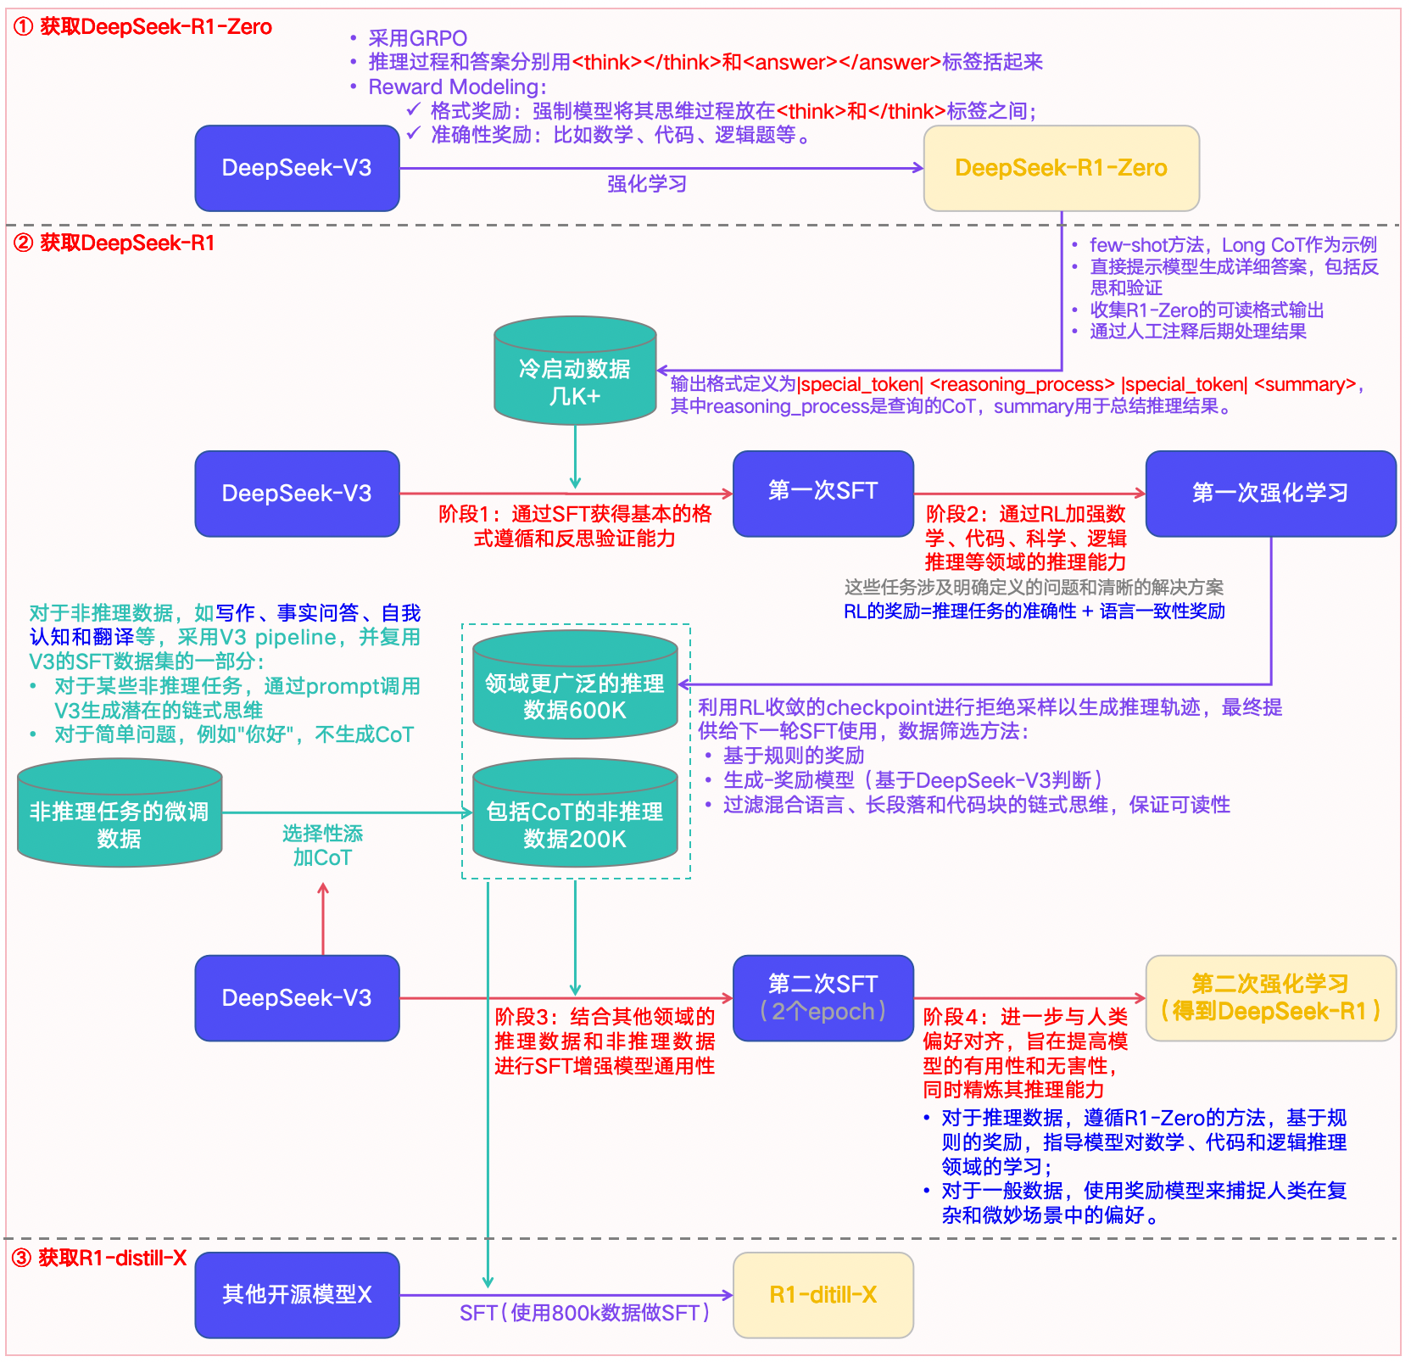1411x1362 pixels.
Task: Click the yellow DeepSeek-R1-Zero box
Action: [x=1061, y=168]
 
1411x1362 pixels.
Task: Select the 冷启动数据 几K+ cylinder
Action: [x=575, y=373]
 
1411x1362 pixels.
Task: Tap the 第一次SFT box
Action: [x=823, y=493]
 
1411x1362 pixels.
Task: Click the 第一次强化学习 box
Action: [x=1270, y=493]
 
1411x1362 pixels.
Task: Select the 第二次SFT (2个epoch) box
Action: [x=823, y=997]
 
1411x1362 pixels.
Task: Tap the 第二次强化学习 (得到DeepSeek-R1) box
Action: [x=1270, y=997]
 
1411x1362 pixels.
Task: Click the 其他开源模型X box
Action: [x=297, y=1294]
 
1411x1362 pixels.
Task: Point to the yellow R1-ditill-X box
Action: [x=823, y=1294]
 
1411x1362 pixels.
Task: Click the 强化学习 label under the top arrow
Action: [x=647, y=184]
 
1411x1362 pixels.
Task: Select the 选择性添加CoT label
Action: [x=322, y=846]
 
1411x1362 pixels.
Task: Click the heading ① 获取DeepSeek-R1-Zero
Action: [x=142, y=27]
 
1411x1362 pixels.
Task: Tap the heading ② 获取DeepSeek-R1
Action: [x=114, y=243]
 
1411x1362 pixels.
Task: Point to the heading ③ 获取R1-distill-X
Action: [x=100, y=1258]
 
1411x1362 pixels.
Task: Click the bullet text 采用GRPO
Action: [x=417, y=38]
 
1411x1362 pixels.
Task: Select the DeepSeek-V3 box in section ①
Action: [x=297, y=168]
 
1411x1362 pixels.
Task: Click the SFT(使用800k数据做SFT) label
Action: [x=585, y=1313]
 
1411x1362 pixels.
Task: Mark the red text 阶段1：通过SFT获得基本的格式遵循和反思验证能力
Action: [x=575, y=526]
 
